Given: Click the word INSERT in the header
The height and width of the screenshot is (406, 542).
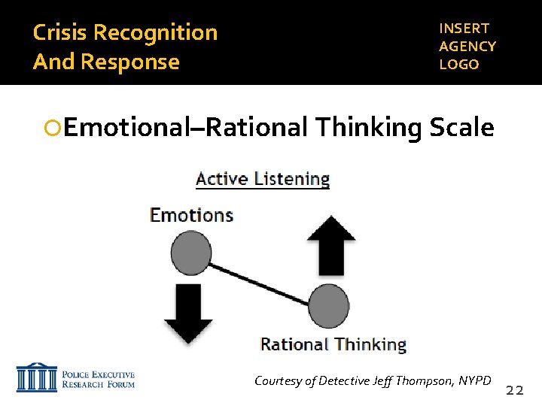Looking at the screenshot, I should [464, 29].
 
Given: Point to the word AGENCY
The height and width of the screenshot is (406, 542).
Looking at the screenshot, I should [467, 47].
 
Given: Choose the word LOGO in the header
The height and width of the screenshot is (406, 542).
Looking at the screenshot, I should [459, 65].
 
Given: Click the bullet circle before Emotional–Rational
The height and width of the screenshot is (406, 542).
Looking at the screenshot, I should [53, 129].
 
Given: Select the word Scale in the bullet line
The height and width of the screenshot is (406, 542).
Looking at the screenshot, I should [461, 128].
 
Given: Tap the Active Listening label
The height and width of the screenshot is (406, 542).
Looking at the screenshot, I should [263, 179].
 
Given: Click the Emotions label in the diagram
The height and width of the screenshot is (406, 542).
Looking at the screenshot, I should [191, 215].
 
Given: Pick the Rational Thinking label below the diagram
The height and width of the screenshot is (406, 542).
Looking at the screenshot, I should [333, 345].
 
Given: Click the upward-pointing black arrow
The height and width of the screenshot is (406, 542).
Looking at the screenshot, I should [331, 245].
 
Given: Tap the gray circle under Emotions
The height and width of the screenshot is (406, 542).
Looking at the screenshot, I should [191, 253].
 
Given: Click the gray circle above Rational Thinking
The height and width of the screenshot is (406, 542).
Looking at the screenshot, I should [328, 306].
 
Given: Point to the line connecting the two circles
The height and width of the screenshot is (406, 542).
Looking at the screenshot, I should [260, 280].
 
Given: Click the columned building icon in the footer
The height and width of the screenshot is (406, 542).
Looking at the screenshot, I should [36, 379].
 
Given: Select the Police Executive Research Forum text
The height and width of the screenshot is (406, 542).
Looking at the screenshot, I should [98, 380].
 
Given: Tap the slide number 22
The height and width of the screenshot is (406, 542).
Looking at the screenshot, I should [515, 390].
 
